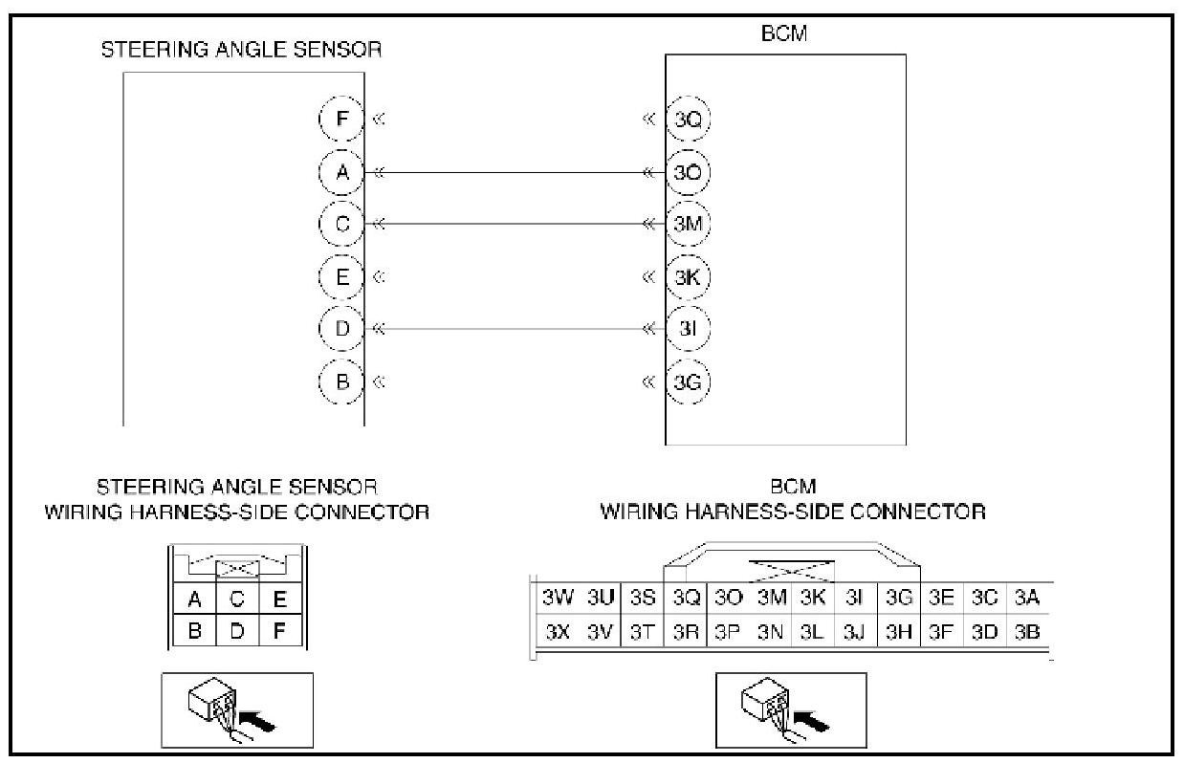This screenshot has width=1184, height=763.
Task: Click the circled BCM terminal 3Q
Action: [687, 120]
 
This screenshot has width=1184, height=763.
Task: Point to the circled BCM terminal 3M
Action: [687, 225]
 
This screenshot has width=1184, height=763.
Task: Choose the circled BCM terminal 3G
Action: [687, 381]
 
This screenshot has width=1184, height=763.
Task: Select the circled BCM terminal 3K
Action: [687, 277]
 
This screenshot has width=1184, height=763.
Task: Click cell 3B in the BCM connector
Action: [1026, 632]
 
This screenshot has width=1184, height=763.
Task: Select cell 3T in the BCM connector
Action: [644, 632]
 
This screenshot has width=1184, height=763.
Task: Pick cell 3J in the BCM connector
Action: [854, 632]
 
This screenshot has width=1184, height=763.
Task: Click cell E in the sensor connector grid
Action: [279, 599]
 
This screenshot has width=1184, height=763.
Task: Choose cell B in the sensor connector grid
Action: [194, 632]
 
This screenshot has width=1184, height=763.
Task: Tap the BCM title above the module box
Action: [784, 33]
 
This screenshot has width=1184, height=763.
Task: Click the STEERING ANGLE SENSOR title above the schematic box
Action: [241, 50]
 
